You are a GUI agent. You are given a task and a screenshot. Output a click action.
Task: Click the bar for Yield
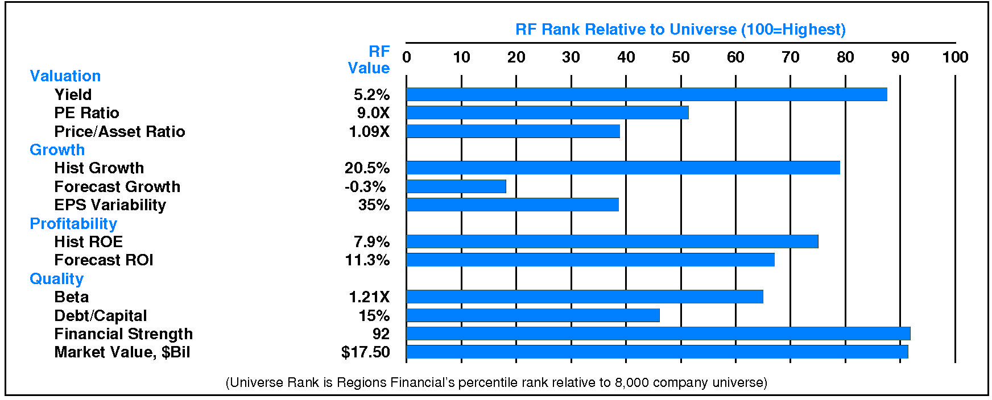646,94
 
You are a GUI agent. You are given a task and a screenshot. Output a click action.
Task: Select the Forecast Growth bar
456,186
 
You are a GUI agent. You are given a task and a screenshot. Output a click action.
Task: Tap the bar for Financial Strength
658,334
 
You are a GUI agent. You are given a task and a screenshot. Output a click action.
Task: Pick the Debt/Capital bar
533,315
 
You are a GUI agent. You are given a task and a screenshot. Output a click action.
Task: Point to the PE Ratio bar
547,113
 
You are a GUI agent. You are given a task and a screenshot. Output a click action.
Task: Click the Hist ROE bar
612,241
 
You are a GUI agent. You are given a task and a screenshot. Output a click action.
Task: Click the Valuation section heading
65,76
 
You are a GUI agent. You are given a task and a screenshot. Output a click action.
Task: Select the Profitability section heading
73,224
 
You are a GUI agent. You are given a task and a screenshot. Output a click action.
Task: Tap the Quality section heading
57,279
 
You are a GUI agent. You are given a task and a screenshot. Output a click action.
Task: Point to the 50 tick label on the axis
680,57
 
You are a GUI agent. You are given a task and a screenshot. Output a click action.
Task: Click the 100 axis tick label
955,57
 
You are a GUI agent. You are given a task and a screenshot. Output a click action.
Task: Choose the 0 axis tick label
407,57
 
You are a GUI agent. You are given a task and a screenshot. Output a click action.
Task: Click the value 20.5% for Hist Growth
367,168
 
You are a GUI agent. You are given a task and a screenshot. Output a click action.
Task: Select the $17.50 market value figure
365,352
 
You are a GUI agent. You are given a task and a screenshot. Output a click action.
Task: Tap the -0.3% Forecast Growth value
365,187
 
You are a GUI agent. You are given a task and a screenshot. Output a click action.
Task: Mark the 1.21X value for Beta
369,297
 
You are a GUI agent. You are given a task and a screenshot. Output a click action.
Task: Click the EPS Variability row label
110,205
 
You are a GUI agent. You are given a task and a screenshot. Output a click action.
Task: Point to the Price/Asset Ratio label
119,132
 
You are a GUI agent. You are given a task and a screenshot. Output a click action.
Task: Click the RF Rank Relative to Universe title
680,30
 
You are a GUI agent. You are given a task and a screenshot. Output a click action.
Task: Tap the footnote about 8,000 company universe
496,382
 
